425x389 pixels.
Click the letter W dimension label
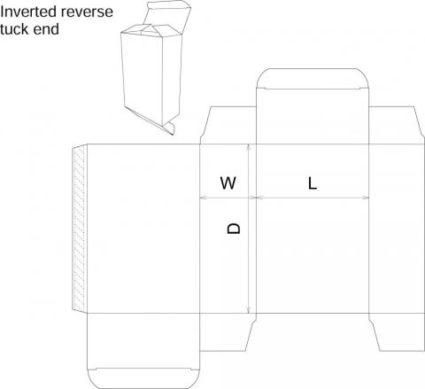click(228, 183)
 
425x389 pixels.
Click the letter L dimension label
click(313, 183)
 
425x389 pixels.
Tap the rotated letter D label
click(234, 229)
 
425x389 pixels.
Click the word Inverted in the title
click(28, 12)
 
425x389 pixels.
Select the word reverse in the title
click(87, 12)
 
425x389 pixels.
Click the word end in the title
click(47, 29)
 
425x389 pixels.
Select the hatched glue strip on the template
click(80, 228)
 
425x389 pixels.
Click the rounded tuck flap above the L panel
click(313, 78)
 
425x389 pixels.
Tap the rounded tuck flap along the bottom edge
click(143, 378)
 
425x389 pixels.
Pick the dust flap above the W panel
click(228, 126)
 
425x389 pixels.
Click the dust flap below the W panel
click(228, 332)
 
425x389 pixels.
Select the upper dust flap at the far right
click(397, 126)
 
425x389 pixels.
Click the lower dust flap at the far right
click(397, 332)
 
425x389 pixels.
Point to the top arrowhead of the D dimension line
click(249, 147)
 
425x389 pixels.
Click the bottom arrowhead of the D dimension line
click(249, 310)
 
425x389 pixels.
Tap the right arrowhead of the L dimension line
click(366, 198)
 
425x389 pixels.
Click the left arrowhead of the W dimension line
click(204, 198)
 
